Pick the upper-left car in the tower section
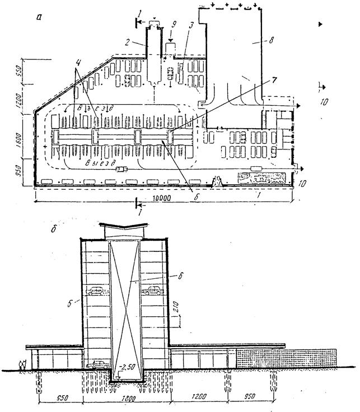[x=97, y=291]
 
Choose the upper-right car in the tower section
[x=153, y=291]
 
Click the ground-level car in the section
[x=98, y=364]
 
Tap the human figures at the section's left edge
[x=22, y=364]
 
